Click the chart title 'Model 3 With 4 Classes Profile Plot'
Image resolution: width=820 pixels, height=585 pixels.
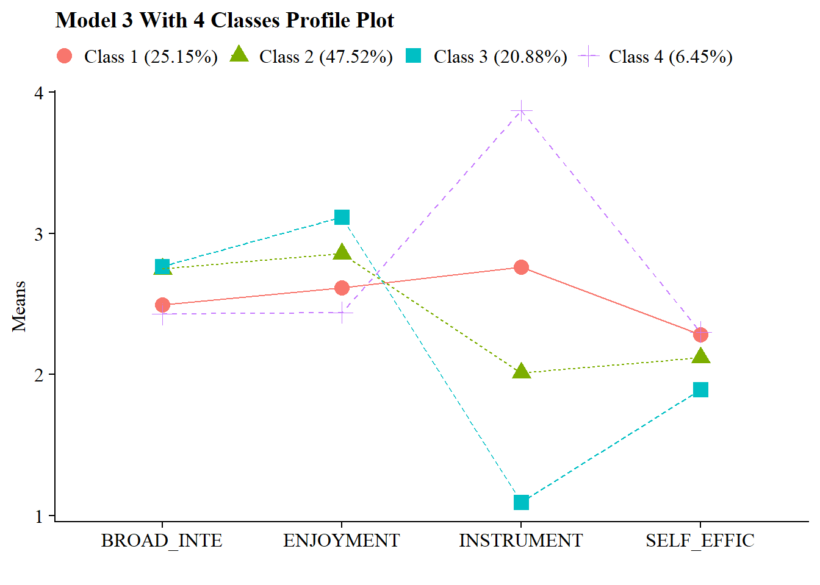225,21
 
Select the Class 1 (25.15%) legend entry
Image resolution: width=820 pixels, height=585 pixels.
137,57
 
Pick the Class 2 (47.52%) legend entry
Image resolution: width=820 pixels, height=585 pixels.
312,57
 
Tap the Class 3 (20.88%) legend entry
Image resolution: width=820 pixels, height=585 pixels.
486,57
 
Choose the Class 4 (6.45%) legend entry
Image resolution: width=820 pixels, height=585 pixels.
656,57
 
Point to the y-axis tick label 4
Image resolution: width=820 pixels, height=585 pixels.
40,93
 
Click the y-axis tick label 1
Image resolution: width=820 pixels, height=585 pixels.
40,516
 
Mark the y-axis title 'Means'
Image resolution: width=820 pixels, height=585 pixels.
20,306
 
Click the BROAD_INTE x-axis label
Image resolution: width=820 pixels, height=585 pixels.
162,541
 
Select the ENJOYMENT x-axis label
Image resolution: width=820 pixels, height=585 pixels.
341,541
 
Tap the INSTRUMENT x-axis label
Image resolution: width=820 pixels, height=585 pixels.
520,541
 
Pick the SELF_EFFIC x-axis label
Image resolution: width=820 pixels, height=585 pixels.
700,541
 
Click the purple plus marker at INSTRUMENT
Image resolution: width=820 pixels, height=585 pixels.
521,110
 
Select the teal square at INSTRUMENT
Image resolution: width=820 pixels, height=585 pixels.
521,502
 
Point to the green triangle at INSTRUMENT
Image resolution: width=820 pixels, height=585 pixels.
521,371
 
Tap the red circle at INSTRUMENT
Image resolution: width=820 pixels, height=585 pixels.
521,267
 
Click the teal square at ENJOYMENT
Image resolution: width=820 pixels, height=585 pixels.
342,218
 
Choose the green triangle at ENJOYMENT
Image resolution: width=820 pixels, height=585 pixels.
342,252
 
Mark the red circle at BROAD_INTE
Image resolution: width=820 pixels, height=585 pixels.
162,305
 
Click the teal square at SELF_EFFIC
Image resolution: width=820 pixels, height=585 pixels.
700,389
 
